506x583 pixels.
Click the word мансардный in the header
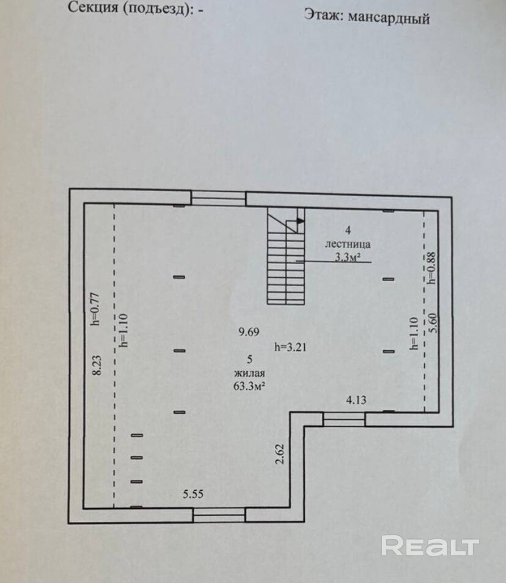(x=389, y=18)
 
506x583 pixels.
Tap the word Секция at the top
(x=94, y=8)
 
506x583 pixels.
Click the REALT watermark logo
(x=430, y=545)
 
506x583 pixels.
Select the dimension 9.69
(x=249, y=332)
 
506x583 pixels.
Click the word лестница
(x=347, y=243)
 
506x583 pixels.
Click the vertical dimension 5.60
(x=435, y=322)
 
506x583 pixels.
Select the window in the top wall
(x=218, y=197)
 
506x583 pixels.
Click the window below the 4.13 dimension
(x=343, y=419)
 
